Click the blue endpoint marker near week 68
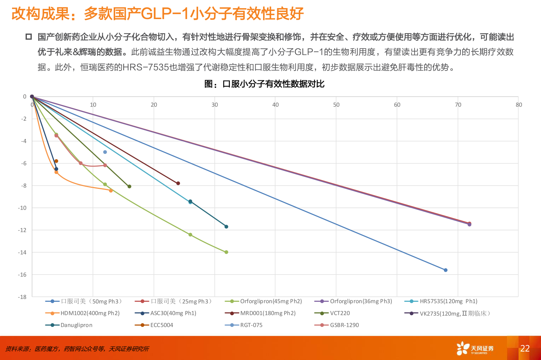point(446,270)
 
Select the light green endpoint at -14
point(226,252)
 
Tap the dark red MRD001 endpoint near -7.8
point(178,183)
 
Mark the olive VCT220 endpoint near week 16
point(129,186)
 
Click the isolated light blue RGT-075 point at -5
point(105,152)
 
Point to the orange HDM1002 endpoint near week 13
point(111,191)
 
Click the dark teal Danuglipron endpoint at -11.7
point(226,227)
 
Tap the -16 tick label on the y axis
point(23,275)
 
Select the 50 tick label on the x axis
point(336,104)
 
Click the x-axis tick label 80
point(518,104)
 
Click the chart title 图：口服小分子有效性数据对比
point(264,84)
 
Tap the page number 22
point(525,348)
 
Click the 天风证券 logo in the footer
point(475,348)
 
